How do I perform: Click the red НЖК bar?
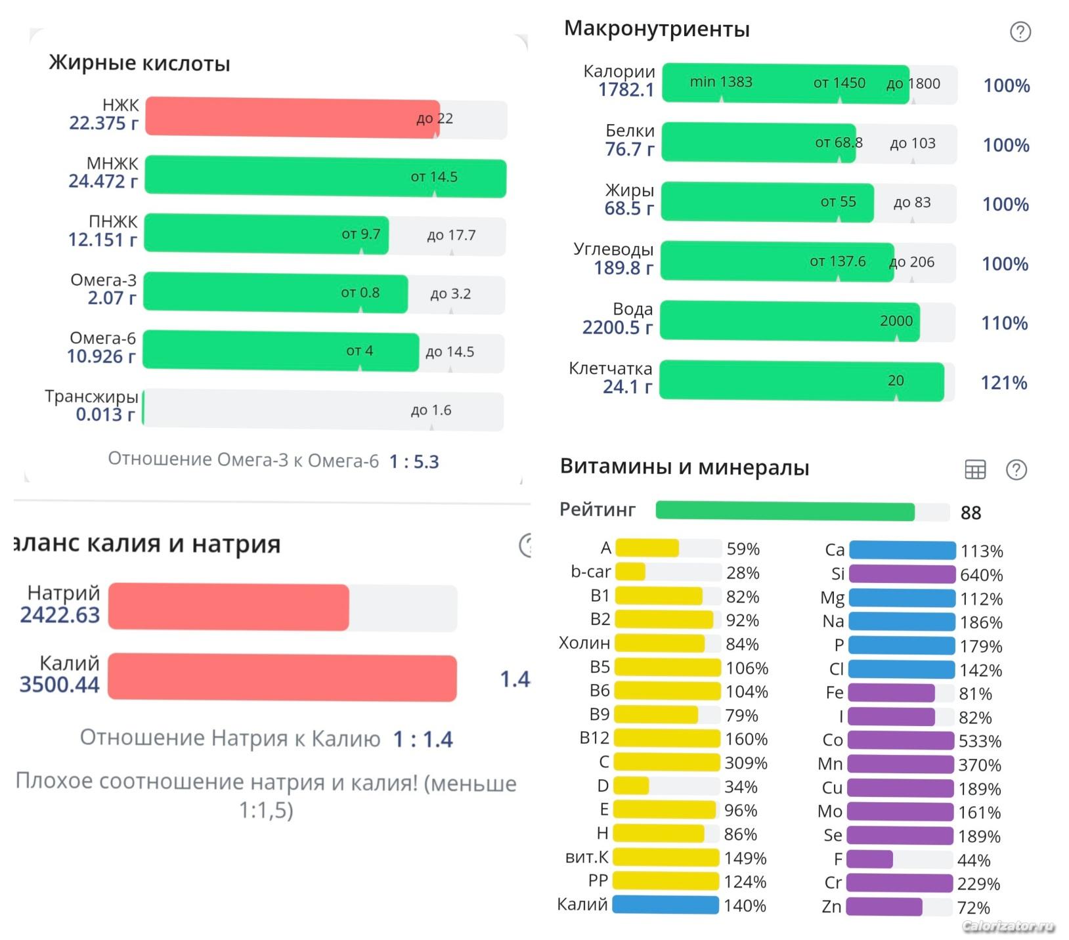[292, 118]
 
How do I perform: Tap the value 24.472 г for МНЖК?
[103, 181]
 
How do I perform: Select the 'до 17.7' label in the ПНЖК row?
[451, 235]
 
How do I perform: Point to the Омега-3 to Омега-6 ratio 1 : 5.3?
[414, 461]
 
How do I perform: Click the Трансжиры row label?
[91, 396]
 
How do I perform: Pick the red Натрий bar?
[229, 607]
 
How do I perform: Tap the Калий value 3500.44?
[60, 684]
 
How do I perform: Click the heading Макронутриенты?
[657, 29]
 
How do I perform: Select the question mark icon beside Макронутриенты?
[1020, 32]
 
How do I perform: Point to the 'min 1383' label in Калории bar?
[721, 82]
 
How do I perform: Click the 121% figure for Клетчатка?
[1003, 383]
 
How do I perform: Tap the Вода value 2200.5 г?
[617, 327]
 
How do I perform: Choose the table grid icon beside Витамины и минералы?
[975, 469]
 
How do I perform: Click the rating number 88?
[971, 513]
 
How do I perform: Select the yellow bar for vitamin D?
[631, 786]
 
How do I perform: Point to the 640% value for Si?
[982, 575]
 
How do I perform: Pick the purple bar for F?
[869, 859]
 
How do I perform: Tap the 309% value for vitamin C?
[746, 763]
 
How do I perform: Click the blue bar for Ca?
[902, 550]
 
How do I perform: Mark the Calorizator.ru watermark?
[1008, 926]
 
